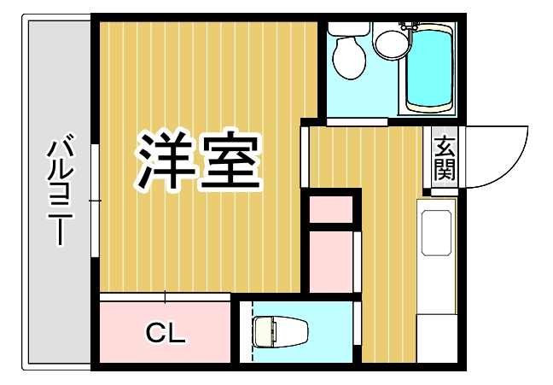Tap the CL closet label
tap(166, 333)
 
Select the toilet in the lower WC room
tap(278, 331)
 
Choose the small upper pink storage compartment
tap(330, 209)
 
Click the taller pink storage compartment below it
tap(330, 260)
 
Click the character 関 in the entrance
tap(444, 169)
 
